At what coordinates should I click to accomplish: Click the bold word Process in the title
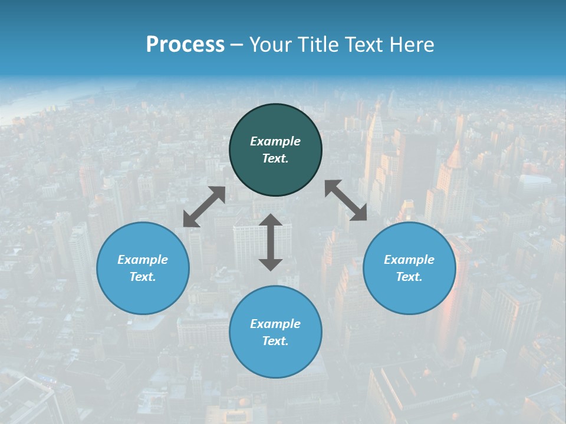[x=185, y=45]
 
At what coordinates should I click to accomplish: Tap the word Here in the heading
[x=412, y=45]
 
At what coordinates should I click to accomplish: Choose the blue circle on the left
[x=143, y=294]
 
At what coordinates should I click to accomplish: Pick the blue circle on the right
[x=409, y=294]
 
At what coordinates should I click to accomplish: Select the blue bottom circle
[x=275, y=359]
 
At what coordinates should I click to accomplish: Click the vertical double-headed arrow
[x=271, y=242]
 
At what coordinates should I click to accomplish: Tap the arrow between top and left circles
[x=204, y=207]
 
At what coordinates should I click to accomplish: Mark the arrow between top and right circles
[x=345, y=200]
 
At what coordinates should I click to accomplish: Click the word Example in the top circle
[x=275, y=141]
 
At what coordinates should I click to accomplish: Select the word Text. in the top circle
[x=275, y=158]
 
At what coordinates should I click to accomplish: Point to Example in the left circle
[x=143, y=260]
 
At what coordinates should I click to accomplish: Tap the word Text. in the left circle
[x=143, y=277]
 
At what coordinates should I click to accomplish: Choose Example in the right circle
[x=409, y=260]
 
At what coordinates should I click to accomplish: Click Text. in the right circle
[x=409, y=277]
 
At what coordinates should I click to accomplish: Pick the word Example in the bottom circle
[x=275, y=324]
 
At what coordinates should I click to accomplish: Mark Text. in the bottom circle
[x=275, y=341]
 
